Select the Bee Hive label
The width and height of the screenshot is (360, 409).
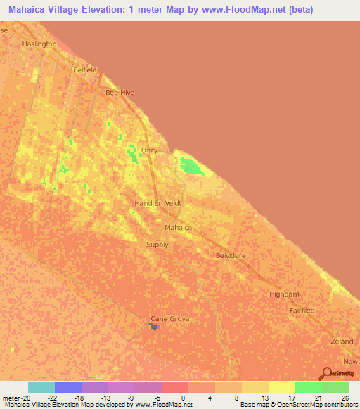click(119, 92)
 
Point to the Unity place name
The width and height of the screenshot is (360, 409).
click(149, 150)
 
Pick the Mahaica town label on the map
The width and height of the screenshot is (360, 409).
click(177, 228)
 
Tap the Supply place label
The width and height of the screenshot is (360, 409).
click(157, 245)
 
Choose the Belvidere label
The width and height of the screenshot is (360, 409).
click(231, 256)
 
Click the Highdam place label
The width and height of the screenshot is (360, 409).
click(283, 295)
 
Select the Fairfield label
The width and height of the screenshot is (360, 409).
click(302, 310)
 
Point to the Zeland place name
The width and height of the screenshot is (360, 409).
click(342, 341)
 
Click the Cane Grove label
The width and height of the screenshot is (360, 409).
click(170, 319)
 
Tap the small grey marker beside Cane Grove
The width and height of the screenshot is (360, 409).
click(154, 326)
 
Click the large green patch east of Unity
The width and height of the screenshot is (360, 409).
click(191, 167)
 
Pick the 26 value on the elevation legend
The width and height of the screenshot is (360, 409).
click(344, 397)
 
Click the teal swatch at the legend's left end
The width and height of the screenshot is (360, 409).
click(41, 387)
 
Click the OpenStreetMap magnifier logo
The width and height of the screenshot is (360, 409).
click(326, 374)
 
